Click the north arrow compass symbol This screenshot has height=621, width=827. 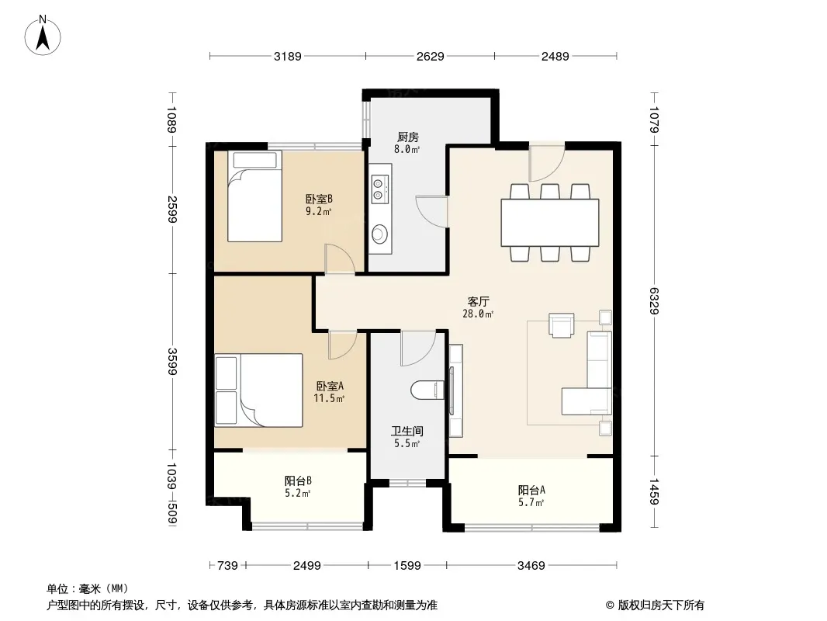(43, 36)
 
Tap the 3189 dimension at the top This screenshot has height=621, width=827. (288, 56)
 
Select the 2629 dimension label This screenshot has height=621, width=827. (431, 56)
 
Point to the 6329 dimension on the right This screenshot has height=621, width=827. (654, 300)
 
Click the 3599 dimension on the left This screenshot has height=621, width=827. (172, 362)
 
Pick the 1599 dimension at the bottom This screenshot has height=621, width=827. (407, 566)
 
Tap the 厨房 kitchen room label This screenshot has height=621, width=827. (408, 137)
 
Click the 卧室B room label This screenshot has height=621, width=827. (319, 199)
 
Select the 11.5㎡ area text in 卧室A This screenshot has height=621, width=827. (329, 398)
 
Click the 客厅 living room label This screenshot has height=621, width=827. (479, 302)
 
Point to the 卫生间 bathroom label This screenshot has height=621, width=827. (407, 432)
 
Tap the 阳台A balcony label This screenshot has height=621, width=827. (531, 490)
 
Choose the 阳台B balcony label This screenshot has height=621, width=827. (298, 480)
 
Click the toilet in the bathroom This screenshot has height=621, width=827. (425, 390)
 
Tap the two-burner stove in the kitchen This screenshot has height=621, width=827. (379, 189)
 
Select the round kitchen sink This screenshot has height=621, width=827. (379, 233)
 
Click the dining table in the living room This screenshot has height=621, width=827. (549, 223)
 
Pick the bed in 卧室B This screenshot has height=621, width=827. (254, 196)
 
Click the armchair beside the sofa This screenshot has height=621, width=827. (561, 325)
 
